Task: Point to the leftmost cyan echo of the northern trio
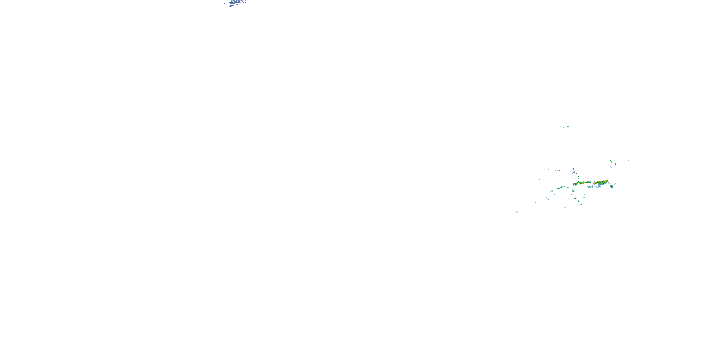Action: click(561, 126)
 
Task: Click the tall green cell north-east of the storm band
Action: click(611, 161)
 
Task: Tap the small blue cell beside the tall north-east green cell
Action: click(611, 167)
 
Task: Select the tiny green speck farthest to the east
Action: click(629, 160)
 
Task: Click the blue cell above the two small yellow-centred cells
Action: click(573, 169)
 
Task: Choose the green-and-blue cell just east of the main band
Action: click(612, 186)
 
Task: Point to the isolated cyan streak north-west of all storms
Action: click(528, 139)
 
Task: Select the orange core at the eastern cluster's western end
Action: click(594, 184)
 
